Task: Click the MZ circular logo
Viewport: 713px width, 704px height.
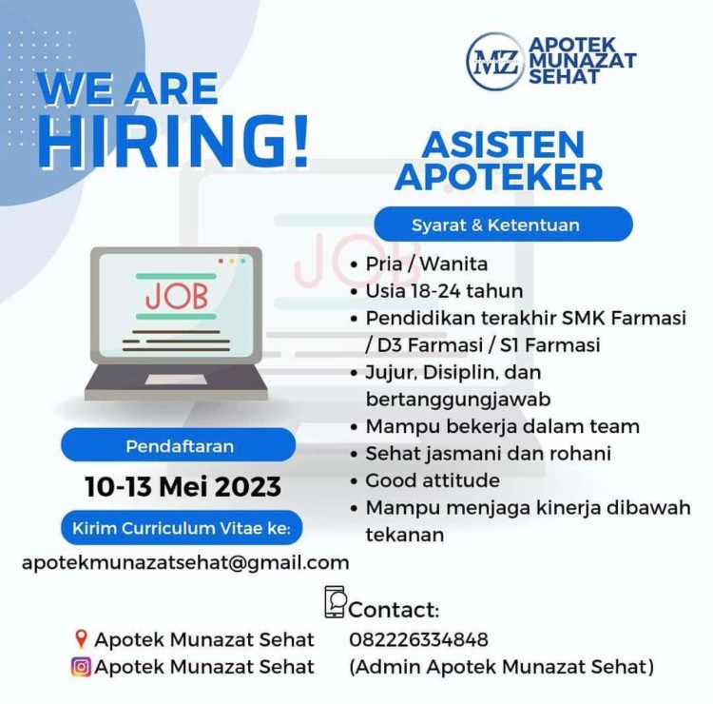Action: point(495,61)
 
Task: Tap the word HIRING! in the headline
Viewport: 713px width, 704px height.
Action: point(174,142)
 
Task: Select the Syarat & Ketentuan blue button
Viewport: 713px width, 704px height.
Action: point(503,225)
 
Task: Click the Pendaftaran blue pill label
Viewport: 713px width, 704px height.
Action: point(179,446)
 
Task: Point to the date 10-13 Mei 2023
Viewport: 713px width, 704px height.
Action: point(183,486)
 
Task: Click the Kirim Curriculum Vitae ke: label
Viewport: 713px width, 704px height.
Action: point(182,528)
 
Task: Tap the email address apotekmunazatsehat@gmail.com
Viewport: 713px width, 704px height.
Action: point(185,563)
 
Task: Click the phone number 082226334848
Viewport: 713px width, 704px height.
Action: point(419,639)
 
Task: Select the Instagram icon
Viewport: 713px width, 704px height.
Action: point(81,667)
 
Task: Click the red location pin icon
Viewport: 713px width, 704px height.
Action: point(81,639)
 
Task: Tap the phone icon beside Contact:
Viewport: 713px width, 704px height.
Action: point(336,601)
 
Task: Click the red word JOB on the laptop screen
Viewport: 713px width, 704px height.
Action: point(177,296)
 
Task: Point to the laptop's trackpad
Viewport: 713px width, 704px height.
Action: point(176,380)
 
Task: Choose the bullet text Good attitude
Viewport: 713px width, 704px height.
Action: point(433,480)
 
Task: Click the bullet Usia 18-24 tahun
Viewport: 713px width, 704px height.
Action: point(444,291)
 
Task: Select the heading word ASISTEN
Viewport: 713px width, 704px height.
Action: point(503,145)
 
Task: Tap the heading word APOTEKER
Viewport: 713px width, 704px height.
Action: point(499,177)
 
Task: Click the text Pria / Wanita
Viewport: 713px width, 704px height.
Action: point(427,264)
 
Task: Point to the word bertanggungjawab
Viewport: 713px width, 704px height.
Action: point(458,400)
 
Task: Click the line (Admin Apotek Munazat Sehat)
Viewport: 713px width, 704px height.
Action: point(502,667)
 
